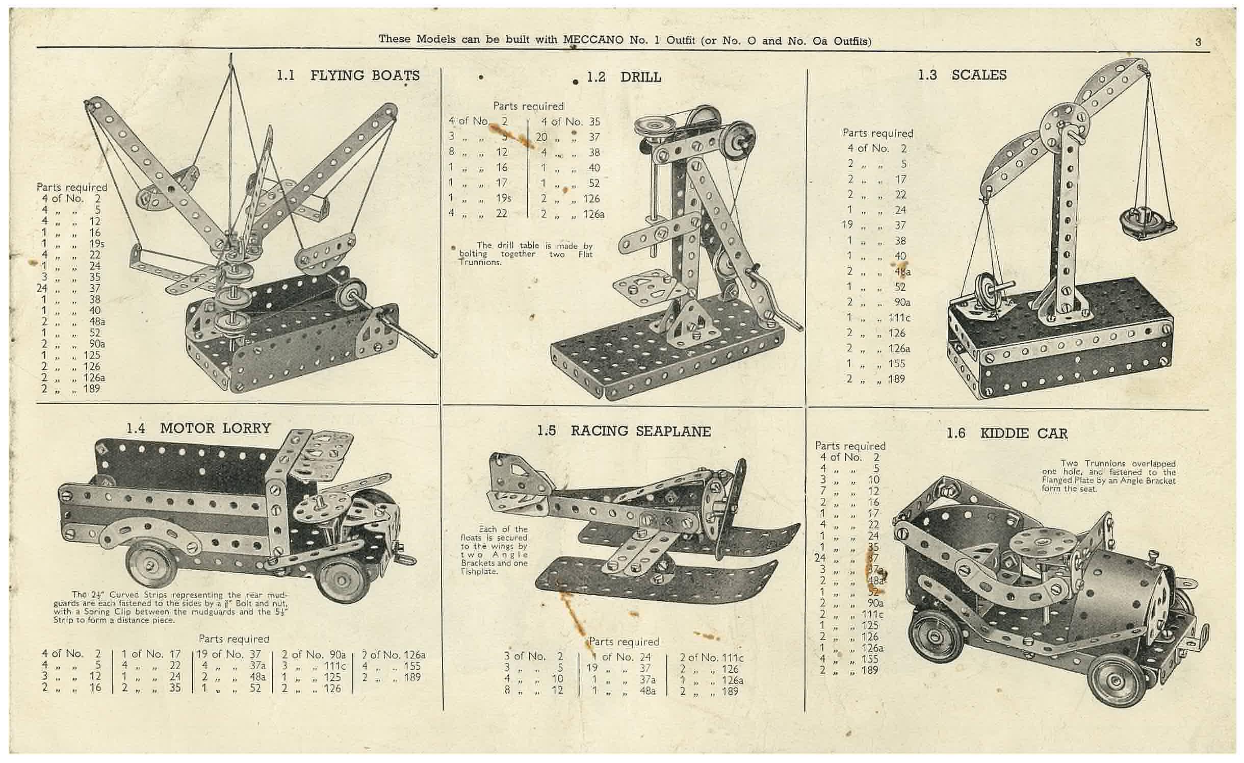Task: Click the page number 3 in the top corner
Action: click(x=1198, y=42)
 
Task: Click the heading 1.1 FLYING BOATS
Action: click(x=348, y=75)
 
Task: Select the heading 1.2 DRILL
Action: click(x=624, y=77)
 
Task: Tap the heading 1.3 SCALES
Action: click(x=962, y=75)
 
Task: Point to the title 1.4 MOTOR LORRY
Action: click(x=199, y=428)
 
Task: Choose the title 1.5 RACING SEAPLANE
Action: click(x=624, y=431)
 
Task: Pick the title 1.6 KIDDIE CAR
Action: click(x=1007, y=434)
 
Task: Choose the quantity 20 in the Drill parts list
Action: click(x=541, y=137)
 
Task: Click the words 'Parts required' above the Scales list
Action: click(x=877, y=133)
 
